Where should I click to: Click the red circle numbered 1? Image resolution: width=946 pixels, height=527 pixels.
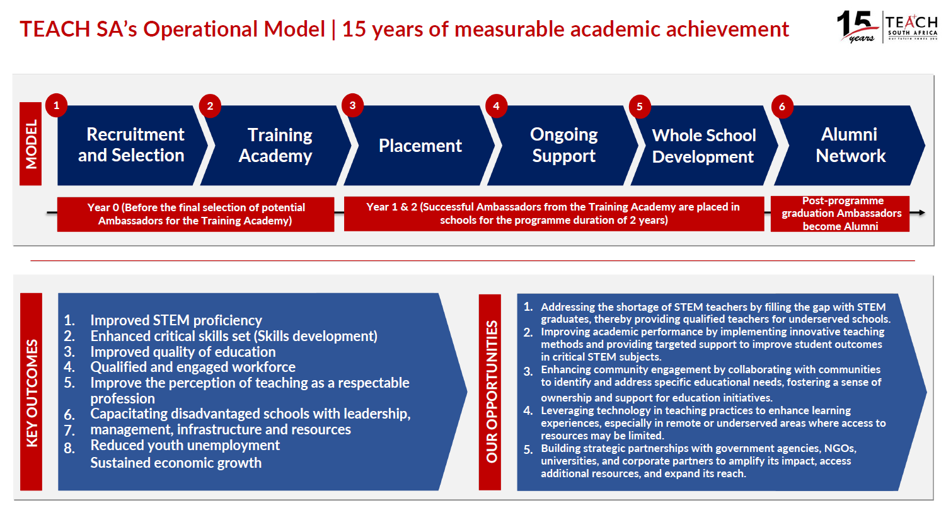click(x=56, y=105)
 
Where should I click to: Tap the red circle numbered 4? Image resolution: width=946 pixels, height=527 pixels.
click(x=496, y=106)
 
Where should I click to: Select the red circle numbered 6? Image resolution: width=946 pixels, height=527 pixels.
click(x=782, y=107)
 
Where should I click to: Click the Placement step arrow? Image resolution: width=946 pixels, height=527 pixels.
click(x=420, y=145)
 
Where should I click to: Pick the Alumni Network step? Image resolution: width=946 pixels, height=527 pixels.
click(x=850, y=145)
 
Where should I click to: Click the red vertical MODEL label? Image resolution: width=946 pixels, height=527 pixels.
click(x=30, y=144)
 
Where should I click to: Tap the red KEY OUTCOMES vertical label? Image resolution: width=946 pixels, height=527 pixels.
click(x=32, y=391)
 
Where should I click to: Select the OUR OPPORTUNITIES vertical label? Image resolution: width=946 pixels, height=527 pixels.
click(x=490, y=392)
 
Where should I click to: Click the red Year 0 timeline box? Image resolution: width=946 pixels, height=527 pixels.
click(x=195, y=214)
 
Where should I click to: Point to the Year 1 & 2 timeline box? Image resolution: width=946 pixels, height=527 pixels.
click(x=554, y=214)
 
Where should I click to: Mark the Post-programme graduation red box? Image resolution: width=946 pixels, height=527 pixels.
click(x=840, y=214)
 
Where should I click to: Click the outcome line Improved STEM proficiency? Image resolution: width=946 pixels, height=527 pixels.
click(x=176, y=320)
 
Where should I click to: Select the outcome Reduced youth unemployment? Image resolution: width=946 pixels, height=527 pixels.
click(x=185, y=445)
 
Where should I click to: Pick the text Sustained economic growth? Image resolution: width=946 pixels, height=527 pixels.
click(x=176, y=463)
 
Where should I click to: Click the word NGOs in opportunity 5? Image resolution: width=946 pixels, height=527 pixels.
click(x=840, y=448)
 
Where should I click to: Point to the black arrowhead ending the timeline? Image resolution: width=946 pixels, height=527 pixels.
click(x=921, y=212)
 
